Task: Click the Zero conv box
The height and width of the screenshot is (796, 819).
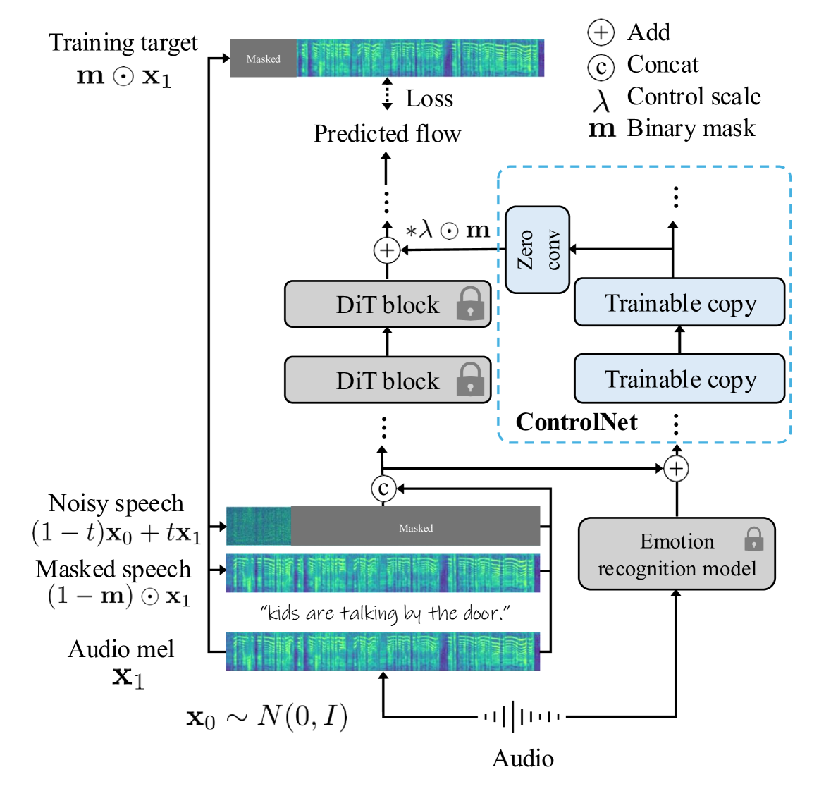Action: [x=537, y=250]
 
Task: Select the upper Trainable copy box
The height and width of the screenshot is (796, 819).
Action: [x=679, y=302]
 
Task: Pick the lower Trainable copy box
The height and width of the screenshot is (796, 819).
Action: [x=679, y=379]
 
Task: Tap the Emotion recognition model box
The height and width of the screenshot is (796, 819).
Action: [x=676, y=554]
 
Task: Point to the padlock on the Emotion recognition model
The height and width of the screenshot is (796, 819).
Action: [x=753, y=539]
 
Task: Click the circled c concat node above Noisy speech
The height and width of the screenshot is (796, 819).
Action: [x=383, y=488]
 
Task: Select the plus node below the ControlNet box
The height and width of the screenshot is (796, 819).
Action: [x=676, y=468]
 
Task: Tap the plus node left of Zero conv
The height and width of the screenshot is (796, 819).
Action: [x=386, y=250]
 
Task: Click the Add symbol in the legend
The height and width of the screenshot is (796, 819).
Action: [x=601, y=32]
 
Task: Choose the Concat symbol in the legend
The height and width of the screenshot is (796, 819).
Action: [x=601, y=66]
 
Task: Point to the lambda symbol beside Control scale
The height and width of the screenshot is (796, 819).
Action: [x=601, y=100]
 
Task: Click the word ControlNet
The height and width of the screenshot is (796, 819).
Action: [x=576, y=422]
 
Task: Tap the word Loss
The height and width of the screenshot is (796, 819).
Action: [x=429, y=99]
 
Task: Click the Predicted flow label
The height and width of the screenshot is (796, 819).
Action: [x=387, y=133]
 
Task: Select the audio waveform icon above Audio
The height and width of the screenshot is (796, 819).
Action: [x=522, y=717]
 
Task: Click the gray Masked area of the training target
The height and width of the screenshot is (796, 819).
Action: [x=263, y=59]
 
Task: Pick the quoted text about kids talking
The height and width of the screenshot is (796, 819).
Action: [x=385, y=613]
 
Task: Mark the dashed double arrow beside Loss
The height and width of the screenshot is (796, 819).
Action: [x=387, y=94]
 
